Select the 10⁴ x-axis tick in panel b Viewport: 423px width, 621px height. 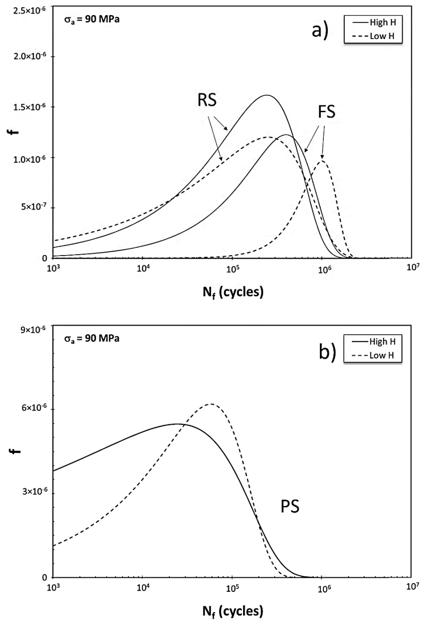143,589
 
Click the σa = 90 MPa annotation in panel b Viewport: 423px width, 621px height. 92,339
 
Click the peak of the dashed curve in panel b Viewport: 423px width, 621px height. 211,404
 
